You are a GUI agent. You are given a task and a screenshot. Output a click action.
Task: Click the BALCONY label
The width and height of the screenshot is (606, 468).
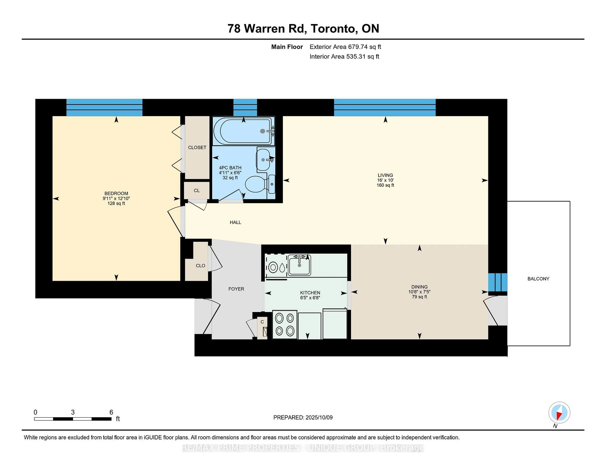[x=538, y=279]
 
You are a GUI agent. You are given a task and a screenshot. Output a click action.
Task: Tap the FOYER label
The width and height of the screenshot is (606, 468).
[x=236, y=289]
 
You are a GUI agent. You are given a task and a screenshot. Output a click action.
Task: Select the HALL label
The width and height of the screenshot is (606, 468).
[x=235, y=222]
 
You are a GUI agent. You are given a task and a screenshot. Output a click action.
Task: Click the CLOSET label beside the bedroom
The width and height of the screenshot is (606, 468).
[x=197, y=147]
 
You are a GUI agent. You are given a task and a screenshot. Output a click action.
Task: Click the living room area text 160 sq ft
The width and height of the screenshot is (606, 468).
[x=385, y=185]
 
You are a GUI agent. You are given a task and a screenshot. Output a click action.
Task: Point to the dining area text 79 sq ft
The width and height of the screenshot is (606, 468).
[x=419, y=297]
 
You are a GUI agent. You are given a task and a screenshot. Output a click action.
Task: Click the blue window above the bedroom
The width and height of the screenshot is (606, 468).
[x=104, y=108]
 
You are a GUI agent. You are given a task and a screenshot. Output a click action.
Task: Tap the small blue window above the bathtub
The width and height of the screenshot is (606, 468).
[x=245, y=108]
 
